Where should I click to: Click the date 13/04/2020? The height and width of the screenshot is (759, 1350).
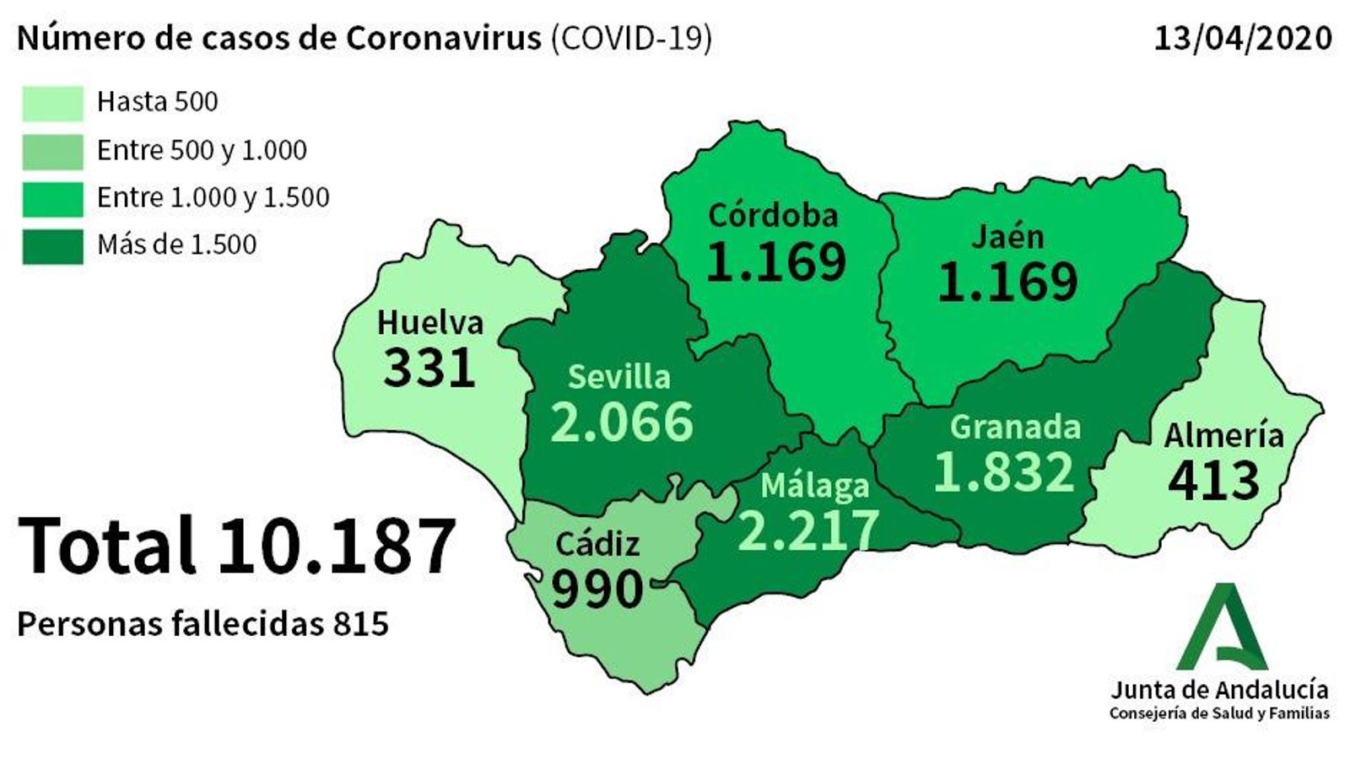click(1243, 39)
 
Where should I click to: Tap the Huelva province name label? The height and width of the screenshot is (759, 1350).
click(429, 323)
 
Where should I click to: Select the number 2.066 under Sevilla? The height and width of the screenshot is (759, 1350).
click(622, 422)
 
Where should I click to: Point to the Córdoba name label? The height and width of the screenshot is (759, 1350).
click(773, 215)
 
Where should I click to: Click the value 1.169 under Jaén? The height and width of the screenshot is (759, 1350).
click(1007, 282)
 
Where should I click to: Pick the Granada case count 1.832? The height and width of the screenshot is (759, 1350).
click(1004, 472)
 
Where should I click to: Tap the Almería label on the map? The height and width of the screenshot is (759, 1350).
click(1223, 435)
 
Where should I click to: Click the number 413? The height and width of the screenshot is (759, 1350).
click(1213, 480)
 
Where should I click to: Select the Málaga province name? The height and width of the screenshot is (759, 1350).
click(814, 485)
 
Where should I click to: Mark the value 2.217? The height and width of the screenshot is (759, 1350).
click(807, 530)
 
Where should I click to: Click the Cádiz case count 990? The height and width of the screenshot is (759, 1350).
click(597, 589)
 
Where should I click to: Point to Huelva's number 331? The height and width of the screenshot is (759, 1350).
click(429, 369)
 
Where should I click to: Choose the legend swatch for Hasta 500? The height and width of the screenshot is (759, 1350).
click(52, 103)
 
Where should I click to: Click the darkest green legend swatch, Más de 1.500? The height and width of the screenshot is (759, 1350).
click(52, 246)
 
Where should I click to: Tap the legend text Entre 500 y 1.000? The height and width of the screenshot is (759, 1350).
click(202, 150)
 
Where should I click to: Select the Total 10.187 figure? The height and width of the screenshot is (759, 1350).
click(237, 546)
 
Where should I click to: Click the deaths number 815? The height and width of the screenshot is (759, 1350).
click(360, 624)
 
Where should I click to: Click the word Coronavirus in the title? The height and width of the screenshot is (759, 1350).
click(444, 39)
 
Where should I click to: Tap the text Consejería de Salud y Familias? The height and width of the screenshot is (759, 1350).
click(1219, 714)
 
